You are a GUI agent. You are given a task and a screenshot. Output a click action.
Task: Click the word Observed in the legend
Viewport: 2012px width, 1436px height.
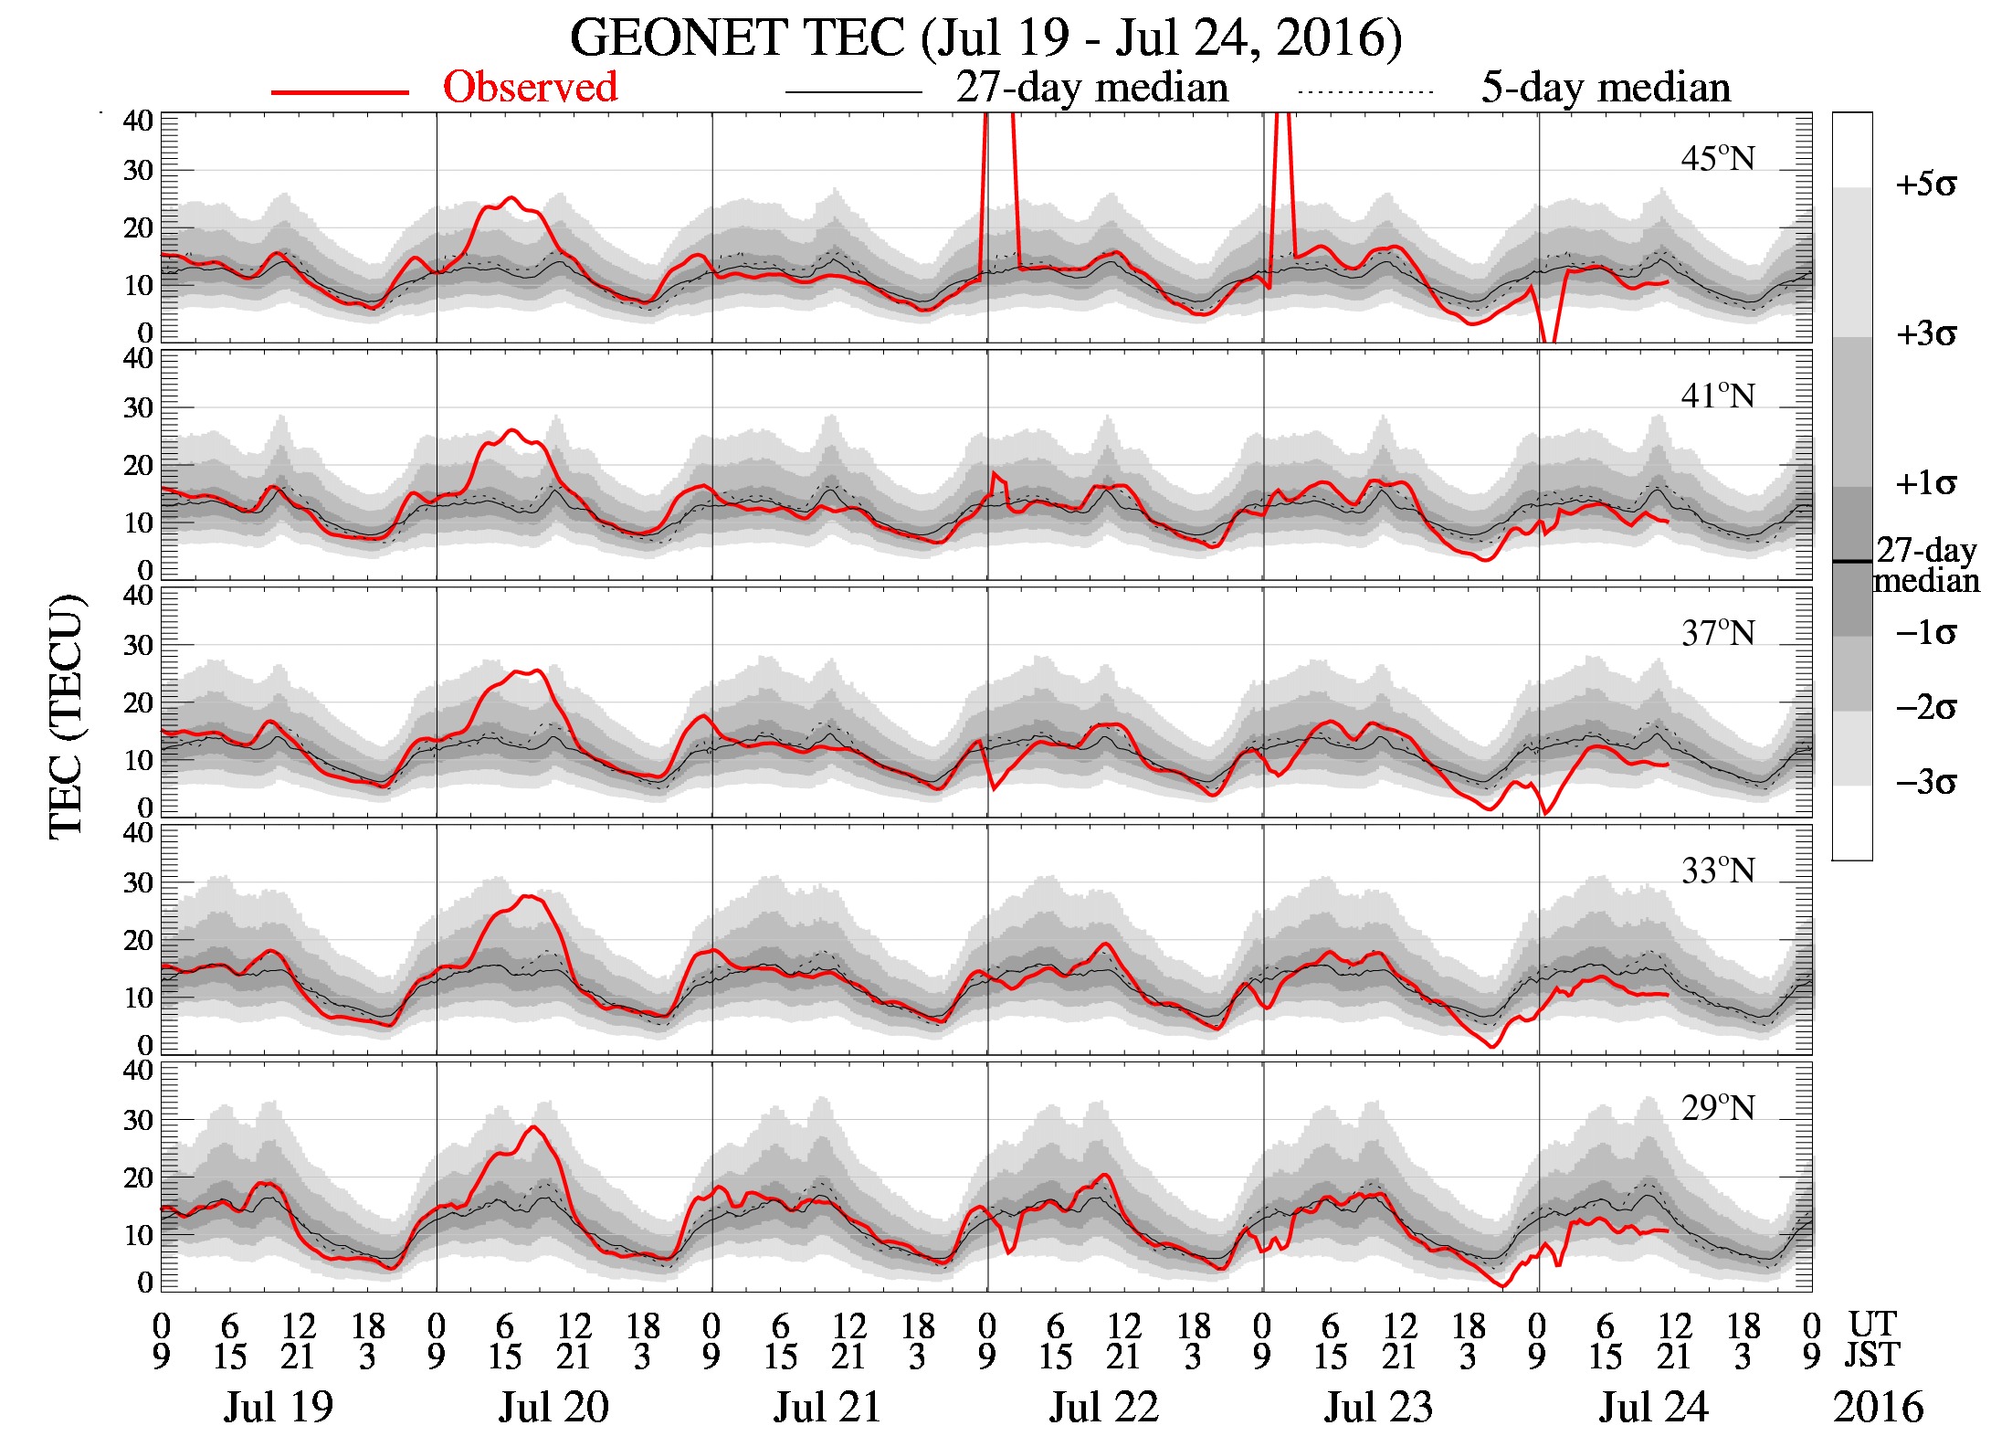pyautogui.click(x=530, y=88)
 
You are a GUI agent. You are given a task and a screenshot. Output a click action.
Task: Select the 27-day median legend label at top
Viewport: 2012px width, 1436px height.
pyautogui.click(x=1091, y=88)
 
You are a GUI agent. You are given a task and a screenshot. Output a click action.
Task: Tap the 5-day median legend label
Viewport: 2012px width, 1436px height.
pyautogui.click(x=1606, y=88)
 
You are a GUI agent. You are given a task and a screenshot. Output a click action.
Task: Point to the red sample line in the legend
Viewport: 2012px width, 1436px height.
pyautogui.click(x=340, y=92)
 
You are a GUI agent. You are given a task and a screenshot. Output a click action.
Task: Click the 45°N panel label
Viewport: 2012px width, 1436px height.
pyautogui.click(x=1717, y=159)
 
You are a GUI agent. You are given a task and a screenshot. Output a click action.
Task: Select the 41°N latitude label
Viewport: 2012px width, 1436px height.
pyautogui.click(x=1717, y=396)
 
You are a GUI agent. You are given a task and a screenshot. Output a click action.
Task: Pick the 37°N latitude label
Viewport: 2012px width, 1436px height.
pyautogui.click(x=1717, y=634)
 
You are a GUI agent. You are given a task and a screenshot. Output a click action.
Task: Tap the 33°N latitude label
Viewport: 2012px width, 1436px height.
pyautogui.click(x=1717, y=871)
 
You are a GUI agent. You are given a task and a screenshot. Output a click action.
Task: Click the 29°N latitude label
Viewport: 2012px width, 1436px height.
pyautogui.click(x=1717, y=1109)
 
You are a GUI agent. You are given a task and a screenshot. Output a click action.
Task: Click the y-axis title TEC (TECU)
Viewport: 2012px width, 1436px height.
pyautogui.click(x=66, y=716)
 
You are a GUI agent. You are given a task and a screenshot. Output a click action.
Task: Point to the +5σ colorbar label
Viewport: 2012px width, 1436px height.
pyautogui.click(x=1925, y=185)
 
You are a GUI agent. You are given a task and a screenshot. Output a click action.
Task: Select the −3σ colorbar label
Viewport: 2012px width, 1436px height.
pyautogui.click(x=1925, y=783)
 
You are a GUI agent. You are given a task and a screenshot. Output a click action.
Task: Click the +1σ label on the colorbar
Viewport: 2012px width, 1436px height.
pyautogui.click(x=1925, y=483)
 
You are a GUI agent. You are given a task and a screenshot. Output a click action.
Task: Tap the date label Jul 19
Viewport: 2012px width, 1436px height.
pyautogui.click(x=279, y=1407)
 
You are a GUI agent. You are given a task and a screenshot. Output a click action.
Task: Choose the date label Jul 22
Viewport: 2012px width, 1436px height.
pyautogui.click(x=1103, y=1407)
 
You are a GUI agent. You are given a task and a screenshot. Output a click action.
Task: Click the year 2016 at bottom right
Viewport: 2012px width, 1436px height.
pyautogui.click(x=1878, y=1407)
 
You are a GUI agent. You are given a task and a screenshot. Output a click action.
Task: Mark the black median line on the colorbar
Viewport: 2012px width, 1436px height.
pyautogui.click(x=1851, y=561)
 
